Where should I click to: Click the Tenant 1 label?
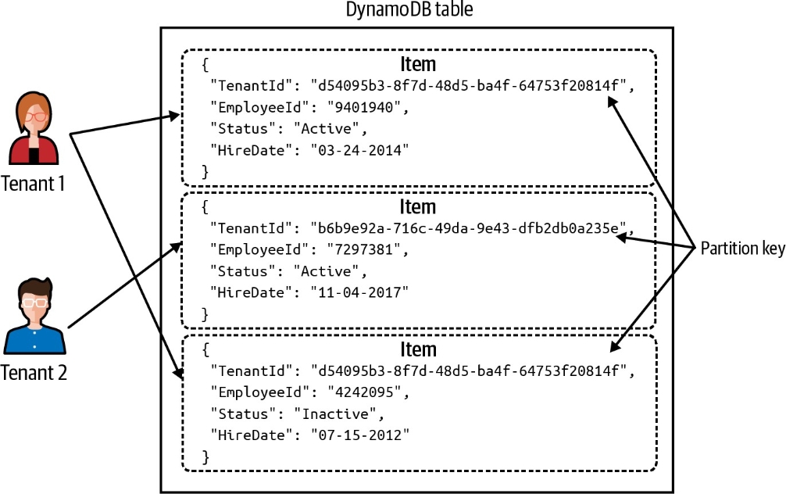click(33, 184)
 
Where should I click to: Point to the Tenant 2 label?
click(34, 372)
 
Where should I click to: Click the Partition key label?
click(741, 249)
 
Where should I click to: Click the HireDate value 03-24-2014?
click(360, 149)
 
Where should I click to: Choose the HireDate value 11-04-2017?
click(360, 292)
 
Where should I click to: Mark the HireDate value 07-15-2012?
click(360, 433)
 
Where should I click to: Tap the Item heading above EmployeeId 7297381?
click(417, 207)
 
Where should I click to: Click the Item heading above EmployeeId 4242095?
click(417, 349)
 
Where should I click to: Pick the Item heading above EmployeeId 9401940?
click(417, 64)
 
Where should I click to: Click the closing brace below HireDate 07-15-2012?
click(205, 455)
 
